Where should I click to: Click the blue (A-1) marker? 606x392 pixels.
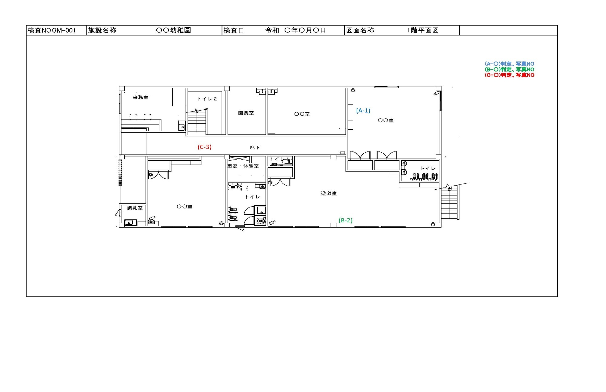coord(363,111)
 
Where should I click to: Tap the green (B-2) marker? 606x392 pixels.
coord(345,221)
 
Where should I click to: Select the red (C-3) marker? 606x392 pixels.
coord(205,147)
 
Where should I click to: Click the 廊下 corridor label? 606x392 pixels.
coord(255,148)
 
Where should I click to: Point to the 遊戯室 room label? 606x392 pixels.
coord(329,193)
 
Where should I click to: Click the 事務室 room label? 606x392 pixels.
coord(141,97)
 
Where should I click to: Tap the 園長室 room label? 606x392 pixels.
coord(246,113)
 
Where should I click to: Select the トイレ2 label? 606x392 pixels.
coord(207,99)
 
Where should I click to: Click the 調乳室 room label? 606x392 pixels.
coord(135,208)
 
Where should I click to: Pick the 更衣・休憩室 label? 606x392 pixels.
coord(243,166)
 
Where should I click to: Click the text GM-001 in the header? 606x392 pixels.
coord(64,30)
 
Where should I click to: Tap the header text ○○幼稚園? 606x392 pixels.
coord(173,30)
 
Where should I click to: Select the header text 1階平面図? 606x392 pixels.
coord(423,30)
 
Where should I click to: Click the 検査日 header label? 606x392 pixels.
coord(234,30)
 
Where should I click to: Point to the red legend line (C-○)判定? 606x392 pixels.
coord(498,75)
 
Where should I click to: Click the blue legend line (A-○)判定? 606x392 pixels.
coord(498,64)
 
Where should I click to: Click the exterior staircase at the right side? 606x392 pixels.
coord(449,202)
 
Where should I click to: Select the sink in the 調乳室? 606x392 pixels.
coord(129,223)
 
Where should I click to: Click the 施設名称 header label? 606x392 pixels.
coord(102,30)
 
